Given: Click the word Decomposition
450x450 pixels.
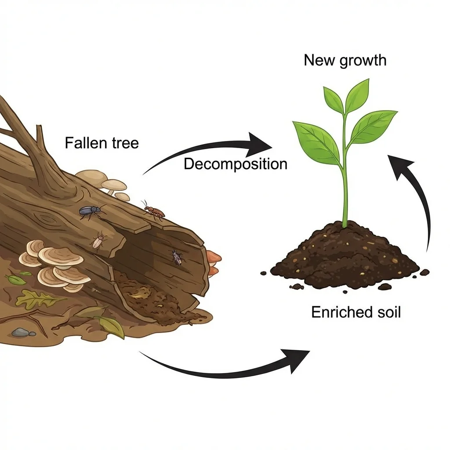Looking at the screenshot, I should (235, 164).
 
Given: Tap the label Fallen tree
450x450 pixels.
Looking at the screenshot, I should (102, 143).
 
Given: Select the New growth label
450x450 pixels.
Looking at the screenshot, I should (345, 60).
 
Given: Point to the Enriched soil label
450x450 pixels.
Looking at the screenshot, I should (356, 312).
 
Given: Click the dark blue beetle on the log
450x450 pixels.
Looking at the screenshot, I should (90, 212).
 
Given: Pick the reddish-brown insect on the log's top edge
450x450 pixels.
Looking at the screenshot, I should (154, 211).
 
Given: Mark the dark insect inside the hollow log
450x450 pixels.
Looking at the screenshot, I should (177, 257).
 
